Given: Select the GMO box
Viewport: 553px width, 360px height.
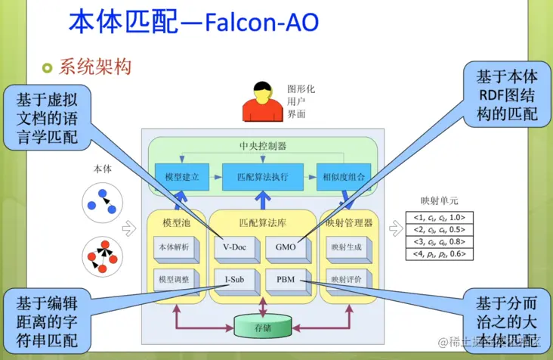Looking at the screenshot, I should tap(286, 246).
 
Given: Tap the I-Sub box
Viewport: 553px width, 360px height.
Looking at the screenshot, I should tap(233, 279).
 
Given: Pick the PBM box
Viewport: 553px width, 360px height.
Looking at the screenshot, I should tap(286, 279).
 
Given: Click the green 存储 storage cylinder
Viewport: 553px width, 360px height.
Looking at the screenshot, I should tap(262, 327).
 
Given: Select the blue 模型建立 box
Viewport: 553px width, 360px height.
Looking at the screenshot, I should tap(181, 176).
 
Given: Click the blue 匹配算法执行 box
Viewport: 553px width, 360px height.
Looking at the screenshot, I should tap(262, 176).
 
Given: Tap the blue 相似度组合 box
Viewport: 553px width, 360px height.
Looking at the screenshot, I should tap(341, 176).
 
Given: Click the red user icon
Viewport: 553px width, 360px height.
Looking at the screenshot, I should tap(261, 105).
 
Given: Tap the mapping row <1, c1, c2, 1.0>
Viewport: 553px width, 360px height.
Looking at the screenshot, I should tap(439, 218).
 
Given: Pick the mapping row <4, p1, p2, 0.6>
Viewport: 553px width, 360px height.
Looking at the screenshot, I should tap(439, 254).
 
